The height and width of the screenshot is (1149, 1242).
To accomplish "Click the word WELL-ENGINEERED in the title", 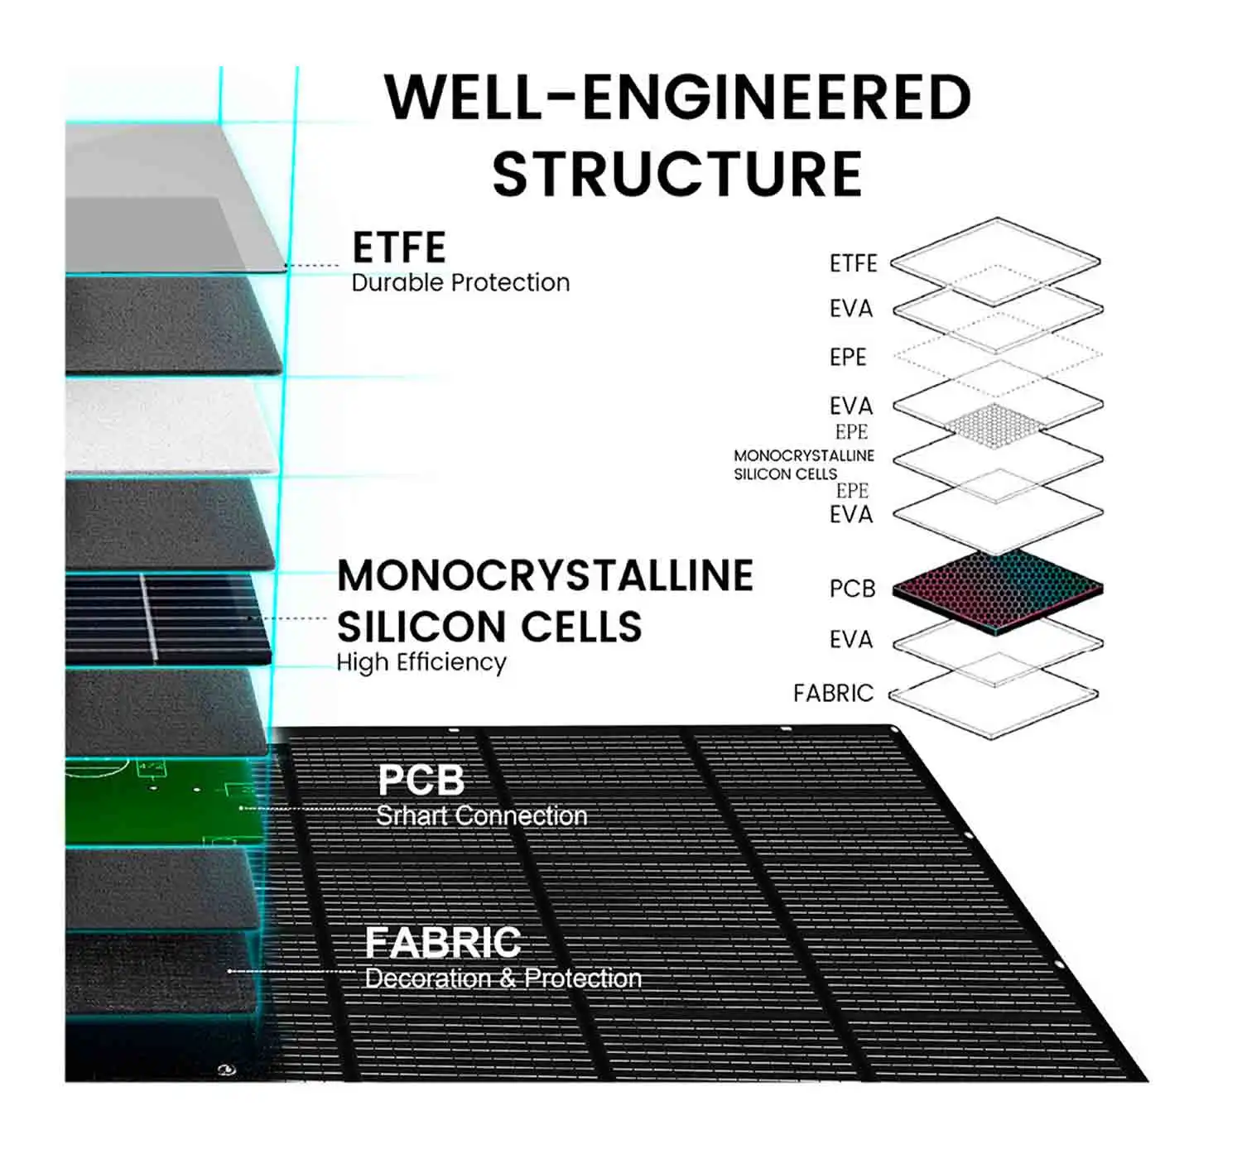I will (677, 98).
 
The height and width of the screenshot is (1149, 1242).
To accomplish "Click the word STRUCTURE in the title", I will (677, 174).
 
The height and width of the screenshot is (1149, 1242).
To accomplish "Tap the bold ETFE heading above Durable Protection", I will (399, 248).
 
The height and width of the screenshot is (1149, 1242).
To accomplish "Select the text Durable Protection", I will (460, 283).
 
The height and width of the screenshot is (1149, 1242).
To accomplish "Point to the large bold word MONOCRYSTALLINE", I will (545, 576).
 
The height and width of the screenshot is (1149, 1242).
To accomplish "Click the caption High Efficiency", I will (421, 663).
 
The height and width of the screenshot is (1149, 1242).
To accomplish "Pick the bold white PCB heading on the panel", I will (421, 780).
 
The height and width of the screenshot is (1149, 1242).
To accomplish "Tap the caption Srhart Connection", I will (481, 816).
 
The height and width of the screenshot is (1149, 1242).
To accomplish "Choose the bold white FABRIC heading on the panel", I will (443, 942).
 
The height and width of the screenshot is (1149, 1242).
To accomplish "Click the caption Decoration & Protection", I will (503, 978).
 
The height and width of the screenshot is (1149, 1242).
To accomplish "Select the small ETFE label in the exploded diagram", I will (853, 263).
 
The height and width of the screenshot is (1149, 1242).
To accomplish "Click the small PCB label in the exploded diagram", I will (852, 589).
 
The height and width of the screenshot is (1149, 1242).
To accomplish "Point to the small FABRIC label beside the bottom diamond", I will (833, 693).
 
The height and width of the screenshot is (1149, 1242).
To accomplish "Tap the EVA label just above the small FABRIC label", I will (851, 640).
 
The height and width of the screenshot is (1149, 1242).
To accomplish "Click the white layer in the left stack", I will (166, 426).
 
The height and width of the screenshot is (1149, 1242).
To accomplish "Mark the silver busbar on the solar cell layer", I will (148, 617).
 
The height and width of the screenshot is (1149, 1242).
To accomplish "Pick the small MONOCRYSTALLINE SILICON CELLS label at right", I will (803, 464).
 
